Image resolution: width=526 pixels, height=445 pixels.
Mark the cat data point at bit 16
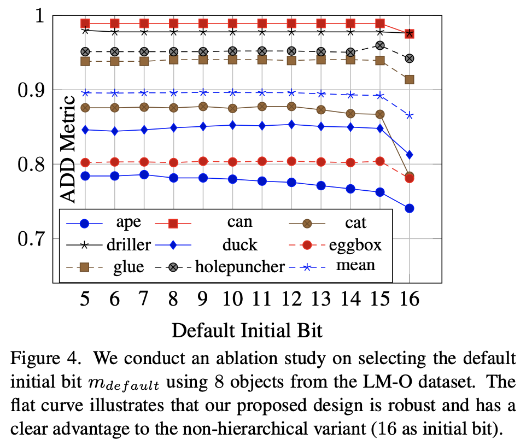(410, 176)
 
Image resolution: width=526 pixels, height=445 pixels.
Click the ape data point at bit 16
(410, 208)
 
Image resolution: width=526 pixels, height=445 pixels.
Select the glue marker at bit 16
(410, 79)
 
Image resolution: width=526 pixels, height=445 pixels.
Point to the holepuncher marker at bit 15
(380, 45)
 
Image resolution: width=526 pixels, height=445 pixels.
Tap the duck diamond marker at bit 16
(410, 155)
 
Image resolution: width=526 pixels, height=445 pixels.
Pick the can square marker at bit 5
(85, 23)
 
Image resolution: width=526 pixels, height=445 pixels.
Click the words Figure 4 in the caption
(41, 360)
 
